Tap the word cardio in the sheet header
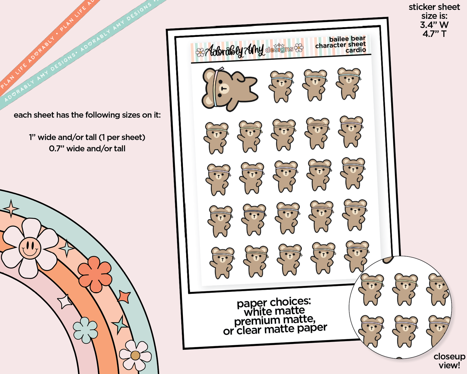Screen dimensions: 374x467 pos(356,50)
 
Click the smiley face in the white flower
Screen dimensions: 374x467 pos(30,248)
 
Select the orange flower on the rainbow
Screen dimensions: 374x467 pos(95,274)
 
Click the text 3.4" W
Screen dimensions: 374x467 pos(434,25)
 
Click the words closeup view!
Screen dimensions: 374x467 pos(449,361)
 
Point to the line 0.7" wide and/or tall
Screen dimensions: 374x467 pos(87,148)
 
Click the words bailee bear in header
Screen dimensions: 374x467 pos(347,39)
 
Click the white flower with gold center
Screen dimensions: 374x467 pos(135,355)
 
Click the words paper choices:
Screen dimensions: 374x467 pos(274,302)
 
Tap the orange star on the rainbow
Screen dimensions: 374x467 pos(124,297)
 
